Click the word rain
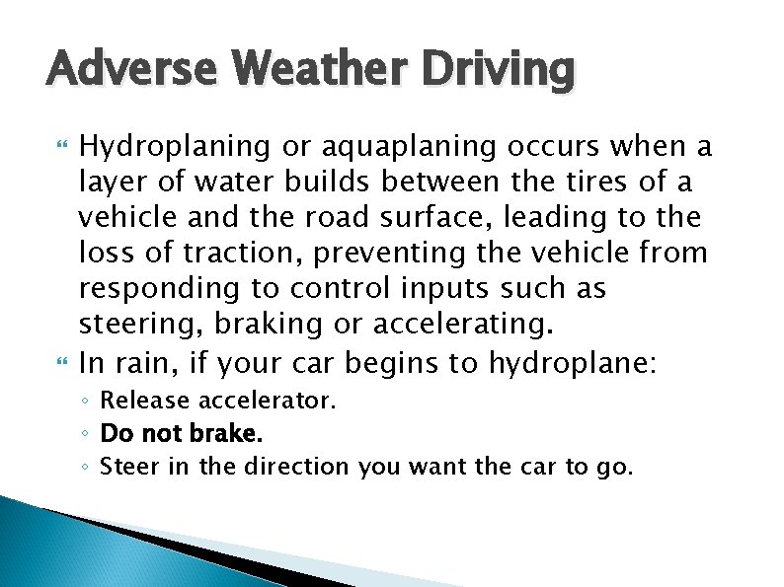[x=142, y=362]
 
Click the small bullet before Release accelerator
[x=87, y=403]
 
